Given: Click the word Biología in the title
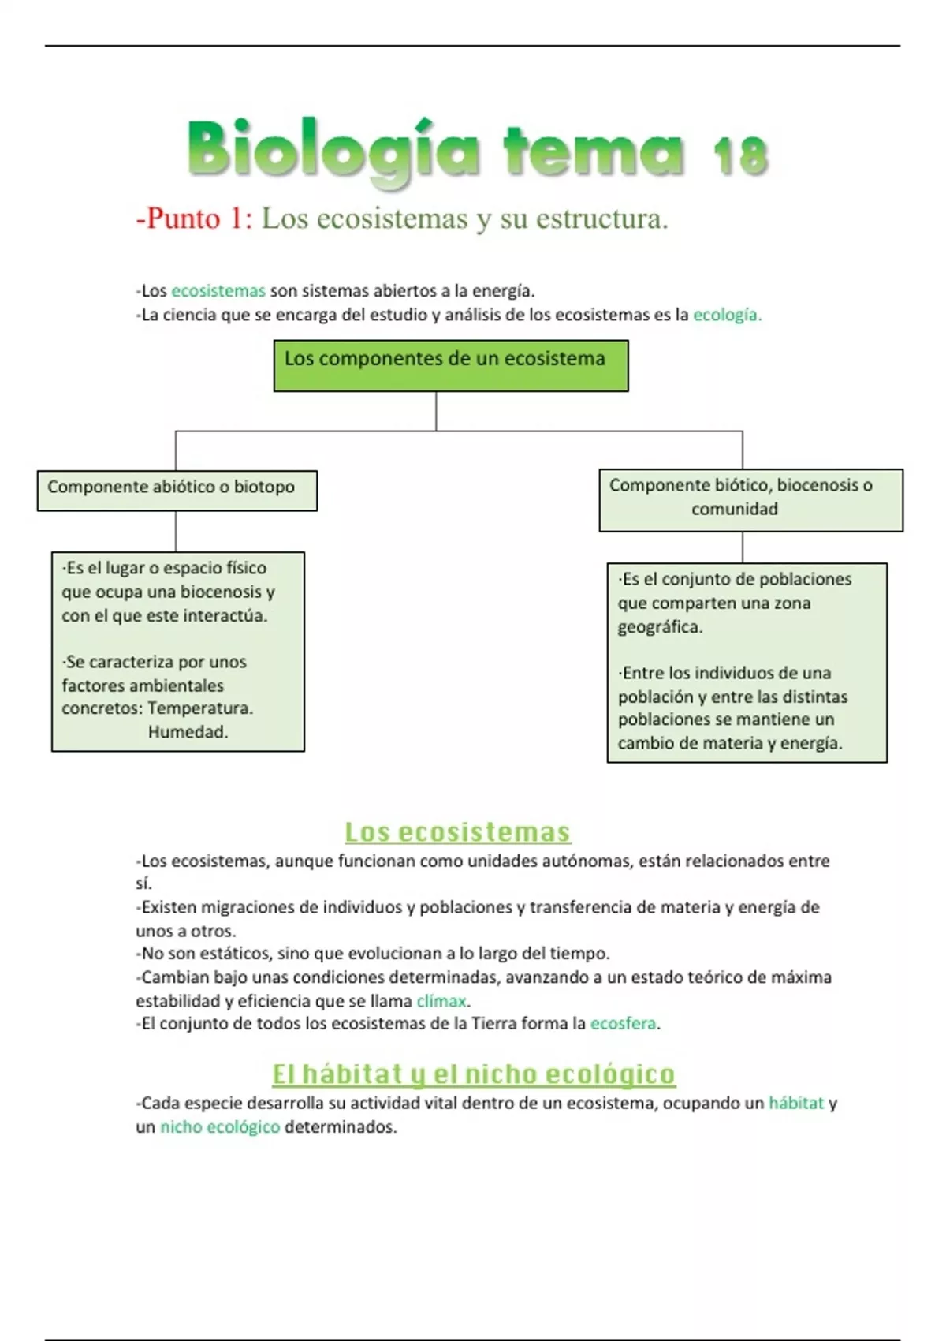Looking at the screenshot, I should (x=333, y=150).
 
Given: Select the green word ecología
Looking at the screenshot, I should (x=726, y=315).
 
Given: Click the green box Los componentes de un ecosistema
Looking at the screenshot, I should (x=451, y=365).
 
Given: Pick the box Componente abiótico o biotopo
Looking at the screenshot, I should (x=177, y=490).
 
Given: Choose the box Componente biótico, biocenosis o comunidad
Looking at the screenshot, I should (x=750, y=499).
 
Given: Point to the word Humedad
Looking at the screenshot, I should (x=188, y=732).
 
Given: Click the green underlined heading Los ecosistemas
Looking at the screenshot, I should (x=457, y=832).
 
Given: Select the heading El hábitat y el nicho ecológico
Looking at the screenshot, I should (x=473, y=1074).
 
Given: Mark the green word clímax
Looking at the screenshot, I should (x=441, y=1001).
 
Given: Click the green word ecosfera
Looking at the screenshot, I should (x=623, y=1024).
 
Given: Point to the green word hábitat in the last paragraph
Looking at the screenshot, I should (x=795, y=1104).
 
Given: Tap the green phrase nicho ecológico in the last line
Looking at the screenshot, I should (x=220, y=1127).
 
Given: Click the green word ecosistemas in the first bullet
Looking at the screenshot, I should (x=218, y=291).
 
